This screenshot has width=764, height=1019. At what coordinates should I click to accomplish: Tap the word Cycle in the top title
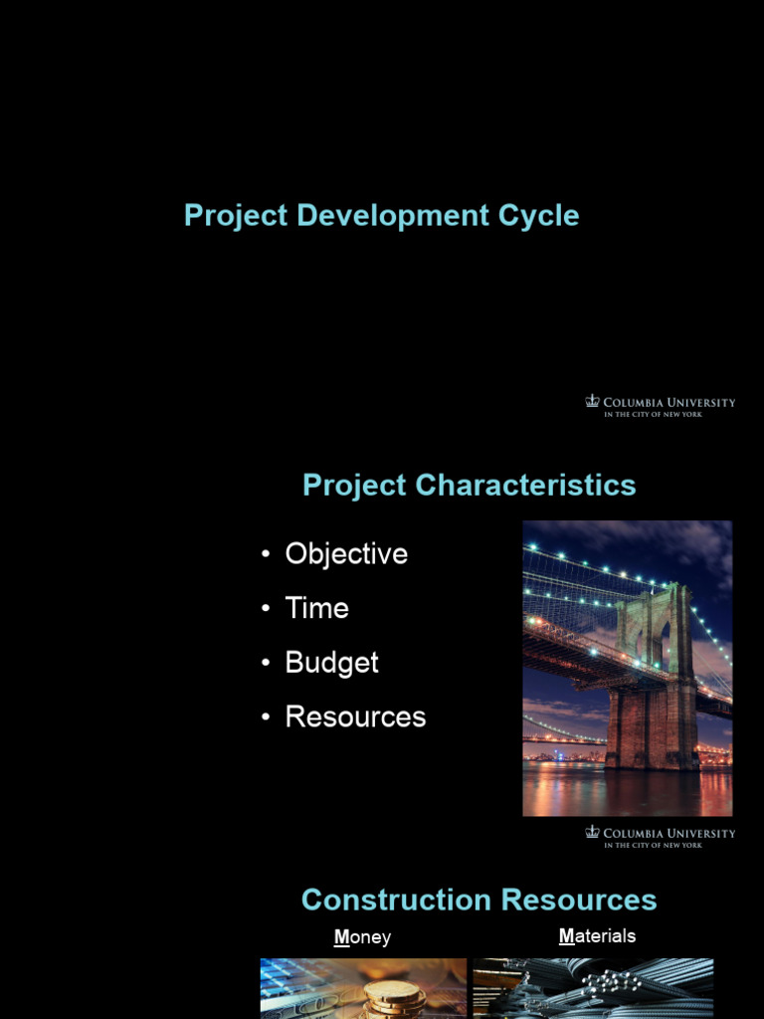tap(541, 216)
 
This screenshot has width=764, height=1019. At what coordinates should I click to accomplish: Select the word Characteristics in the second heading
tap(526, 486)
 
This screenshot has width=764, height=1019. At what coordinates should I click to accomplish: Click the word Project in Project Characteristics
tap(354, 486)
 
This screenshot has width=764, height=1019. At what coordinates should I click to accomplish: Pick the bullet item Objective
tap(346, 554)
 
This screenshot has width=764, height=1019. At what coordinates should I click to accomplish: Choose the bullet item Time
tap(316, 608)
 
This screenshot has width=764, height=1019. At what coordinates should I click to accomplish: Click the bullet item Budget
tap(331, 663)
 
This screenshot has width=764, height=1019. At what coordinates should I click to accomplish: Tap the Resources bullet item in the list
tap(355, 716)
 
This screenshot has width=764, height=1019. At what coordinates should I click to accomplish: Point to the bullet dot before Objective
tap(266, 555)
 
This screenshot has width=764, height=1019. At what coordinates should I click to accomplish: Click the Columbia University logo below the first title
tap(660, 406)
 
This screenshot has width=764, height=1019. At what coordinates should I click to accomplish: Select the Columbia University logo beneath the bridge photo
tap(660, 837)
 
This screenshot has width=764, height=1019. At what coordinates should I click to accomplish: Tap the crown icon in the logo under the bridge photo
tap(593, 832)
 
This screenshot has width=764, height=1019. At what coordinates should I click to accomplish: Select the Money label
tap(362, 937)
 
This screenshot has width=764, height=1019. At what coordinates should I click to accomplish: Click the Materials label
tap(597, 936)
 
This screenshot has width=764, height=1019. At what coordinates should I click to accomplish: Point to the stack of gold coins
tap(393, 997)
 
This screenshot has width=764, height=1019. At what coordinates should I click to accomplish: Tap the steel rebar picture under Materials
tap(593, 989)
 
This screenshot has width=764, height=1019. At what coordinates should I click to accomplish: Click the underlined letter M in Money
tap(341, 937)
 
